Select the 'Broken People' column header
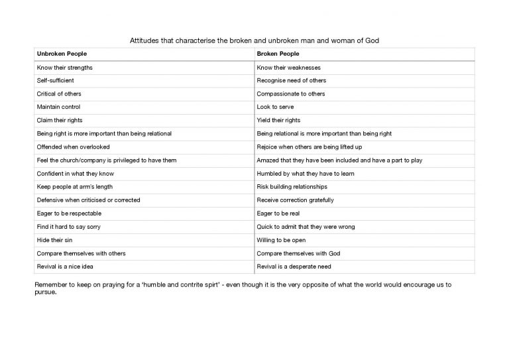point(278,54)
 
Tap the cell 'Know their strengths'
point(64,67)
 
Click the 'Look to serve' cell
point(275,107)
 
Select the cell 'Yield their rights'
point(278,120)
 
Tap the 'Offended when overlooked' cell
point(73,147)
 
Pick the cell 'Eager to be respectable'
point(69,213)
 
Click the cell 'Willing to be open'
point(281,240)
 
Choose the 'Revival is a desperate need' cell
point(293,267)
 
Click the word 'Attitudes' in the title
point(144,40)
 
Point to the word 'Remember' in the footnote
point(49,284)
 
